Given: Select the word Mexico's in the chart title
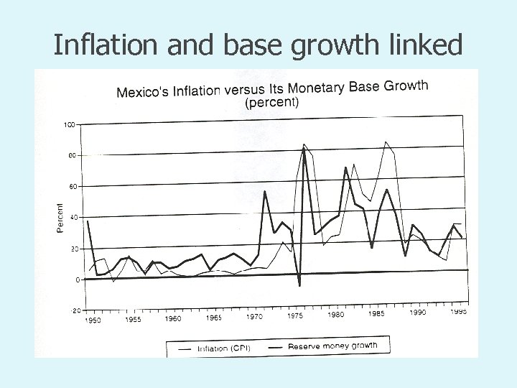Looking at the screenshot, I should [144, 92].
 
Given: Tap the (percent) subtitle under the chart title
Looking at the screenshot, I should [272, 103].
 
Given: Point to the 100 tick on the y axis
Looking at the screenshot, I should [70, 125].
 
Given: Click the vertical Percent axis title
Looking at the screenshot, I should [60, 217].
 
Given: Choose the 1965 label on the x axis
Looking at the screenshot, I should [213, 317].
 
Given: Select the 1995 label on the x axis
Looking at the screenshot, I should [458, 311].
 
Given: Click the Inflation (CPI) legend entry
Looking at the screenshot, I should [223, 348].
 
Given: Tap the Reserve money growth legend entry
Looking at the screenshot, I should [332, 346].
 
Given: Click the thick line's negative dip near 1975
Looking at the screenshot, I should [299, 286].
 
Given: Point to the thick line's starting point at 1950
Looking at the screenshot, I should [88, 221].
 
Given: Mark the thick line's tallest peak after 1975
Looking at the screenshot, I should [304, 149].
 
